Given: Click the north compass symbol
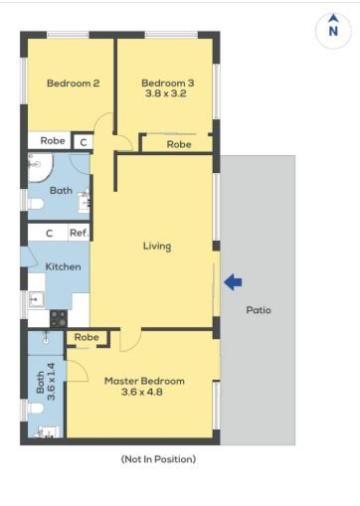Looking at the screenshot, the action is (333, 30).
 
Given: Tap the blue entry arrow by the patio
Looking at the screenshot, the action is (233, 282).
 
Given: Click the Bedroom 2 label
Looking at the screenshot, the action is (74, 83).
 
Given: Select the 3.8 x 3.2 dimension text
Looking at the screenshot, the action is (166, 93).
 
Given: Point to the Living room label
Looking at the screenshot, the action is (157, 247).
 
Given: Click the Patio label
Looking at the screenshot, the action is (259, 310).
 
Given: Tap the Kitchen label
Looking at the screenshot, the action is (63, 266).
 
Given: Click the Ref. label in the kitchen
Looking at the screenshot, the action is (80, 233).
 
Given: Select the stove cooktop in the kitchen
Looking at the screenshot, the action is (59, 318).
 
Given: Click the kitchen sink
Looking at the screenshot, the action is (36, 300).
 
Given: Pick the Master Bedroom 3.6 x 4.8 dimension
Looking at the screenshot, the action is (142, 392).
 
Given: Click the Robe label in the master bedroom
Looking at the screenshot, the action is (87, 337).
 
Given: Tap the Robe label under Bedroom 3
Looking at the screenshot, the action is (179, 144).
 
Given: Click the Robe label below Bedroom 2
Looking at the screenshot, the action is (53, 140).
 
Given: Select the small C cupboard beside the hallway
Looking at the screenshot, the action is (84, 142).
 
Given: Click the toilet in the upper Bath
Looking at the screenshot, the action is (36, 204).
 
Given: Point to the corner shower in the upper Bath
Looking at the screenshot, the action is (40, 167).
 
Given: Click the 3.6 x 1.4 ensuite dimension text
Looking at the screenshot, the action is (51, 382).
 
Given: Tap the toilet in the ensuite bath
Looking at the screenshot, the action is (36, 408).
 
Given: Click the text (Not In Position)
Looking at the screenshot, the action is (158, 459).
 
